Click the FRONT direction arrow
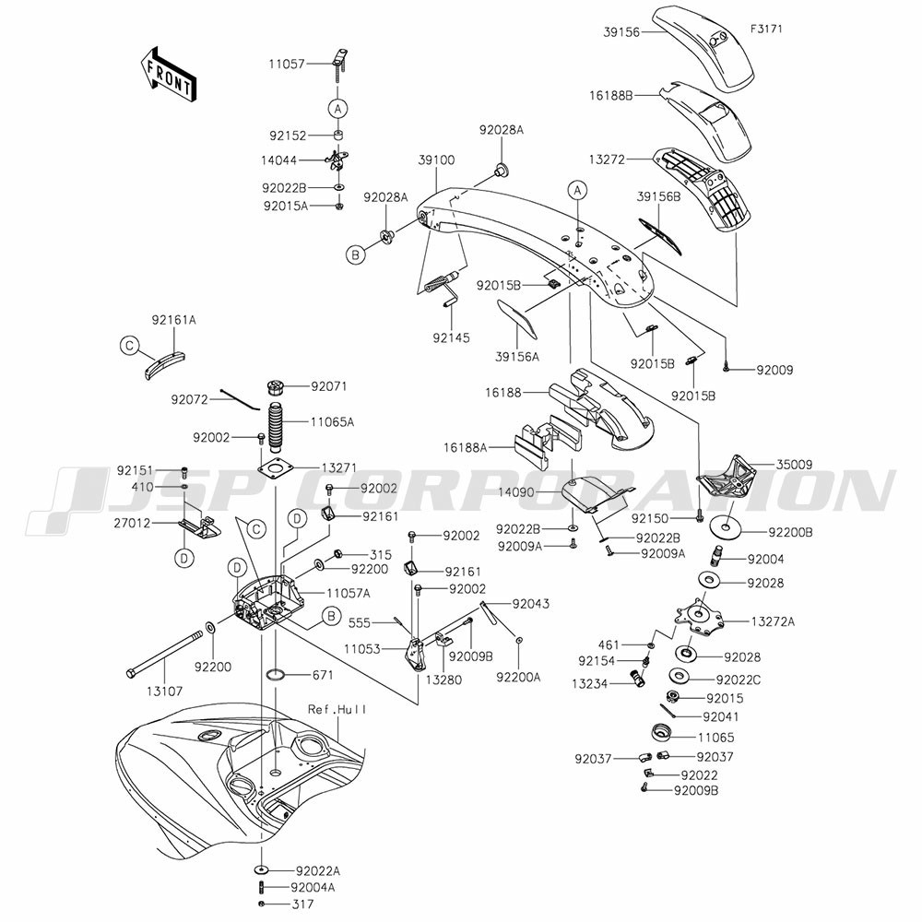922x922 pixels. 168,76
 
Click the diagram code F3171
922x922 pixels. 766,29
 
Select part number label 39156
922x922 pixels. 621,32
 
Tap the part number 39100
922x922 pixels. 436,160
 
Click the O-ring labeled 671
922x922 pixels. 278,675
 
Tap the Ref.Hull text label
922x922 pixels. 337,709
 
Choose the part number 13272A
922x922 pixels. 773,621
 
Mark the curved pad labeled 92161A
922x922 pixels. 165,364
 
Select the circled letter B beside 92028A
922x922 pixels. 355,255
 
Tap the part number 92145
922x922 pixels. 451,337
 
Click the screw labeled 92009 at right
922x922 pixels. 727,366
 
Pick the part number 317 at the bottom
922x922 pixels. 303,904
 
